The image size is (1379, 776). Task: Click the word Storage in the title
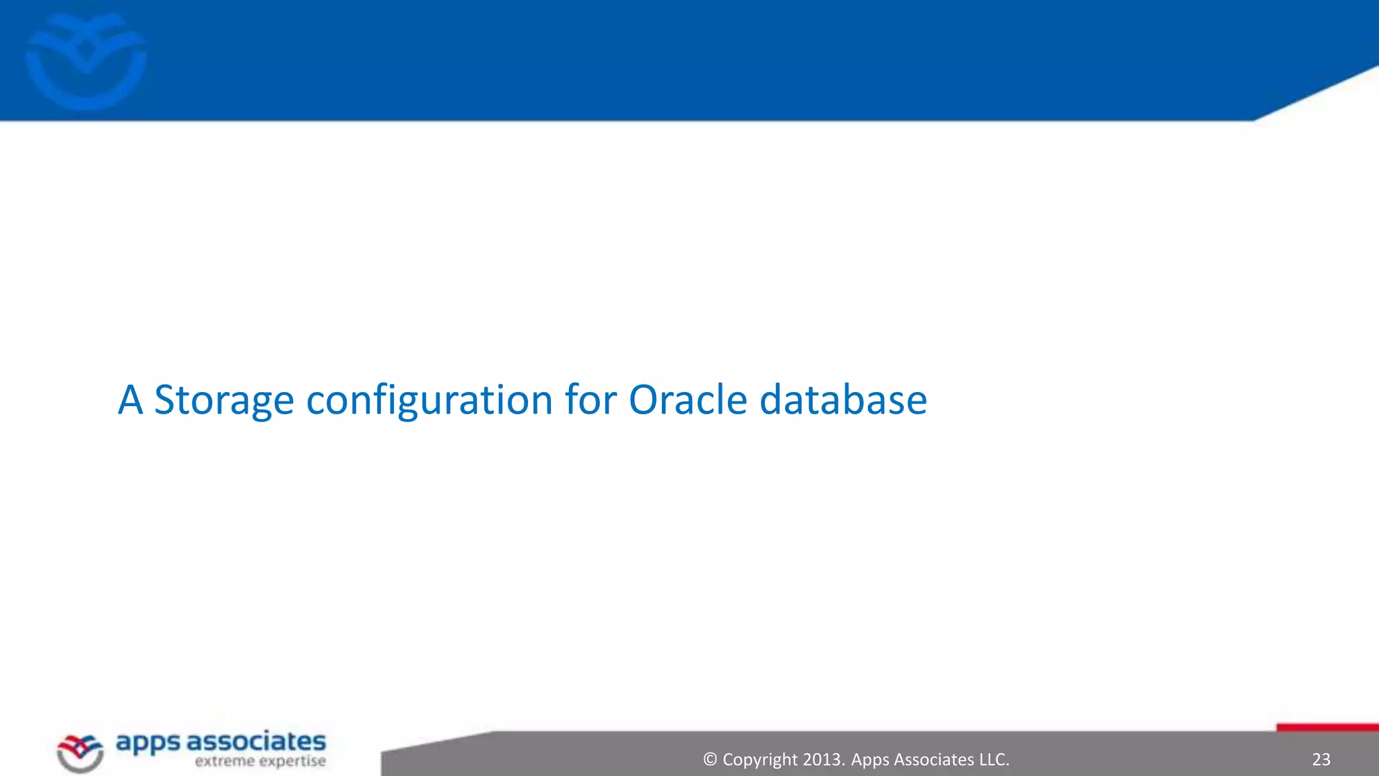point(224,400)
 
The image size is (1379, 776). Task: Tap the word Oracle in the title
point(687,400)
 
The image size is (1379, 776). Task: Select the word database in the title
point(843,400)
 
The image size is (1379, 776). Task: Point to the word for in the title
point(591,400)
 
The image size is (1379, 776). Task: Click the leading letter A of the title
point(131,400)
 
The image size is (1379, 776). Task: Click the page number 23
point(1320,760)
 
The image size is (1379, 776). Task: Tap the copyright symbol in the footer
point(710,760)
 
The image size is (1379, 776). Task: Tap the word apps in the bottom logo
point(148,744)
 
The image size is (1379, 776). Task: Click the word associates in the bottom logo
point(256,742)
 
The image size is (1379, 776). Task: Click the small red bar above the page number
point(1326,727)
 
